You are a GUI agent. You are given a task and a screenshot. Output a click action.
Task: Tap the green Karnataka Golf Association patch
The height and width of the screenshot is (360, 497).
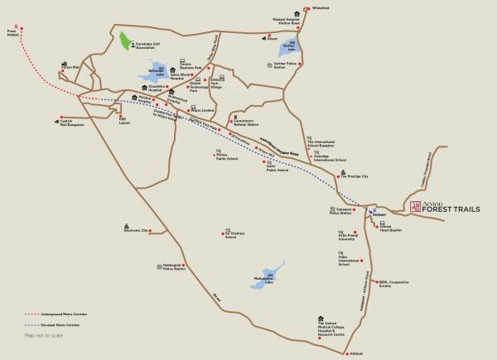pyautogui.click(x=127, y=42)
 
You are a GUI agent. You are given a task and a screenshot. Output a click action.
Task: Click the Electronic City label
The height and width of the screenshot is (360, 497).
pyautogui.click(x=137, y=229)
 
